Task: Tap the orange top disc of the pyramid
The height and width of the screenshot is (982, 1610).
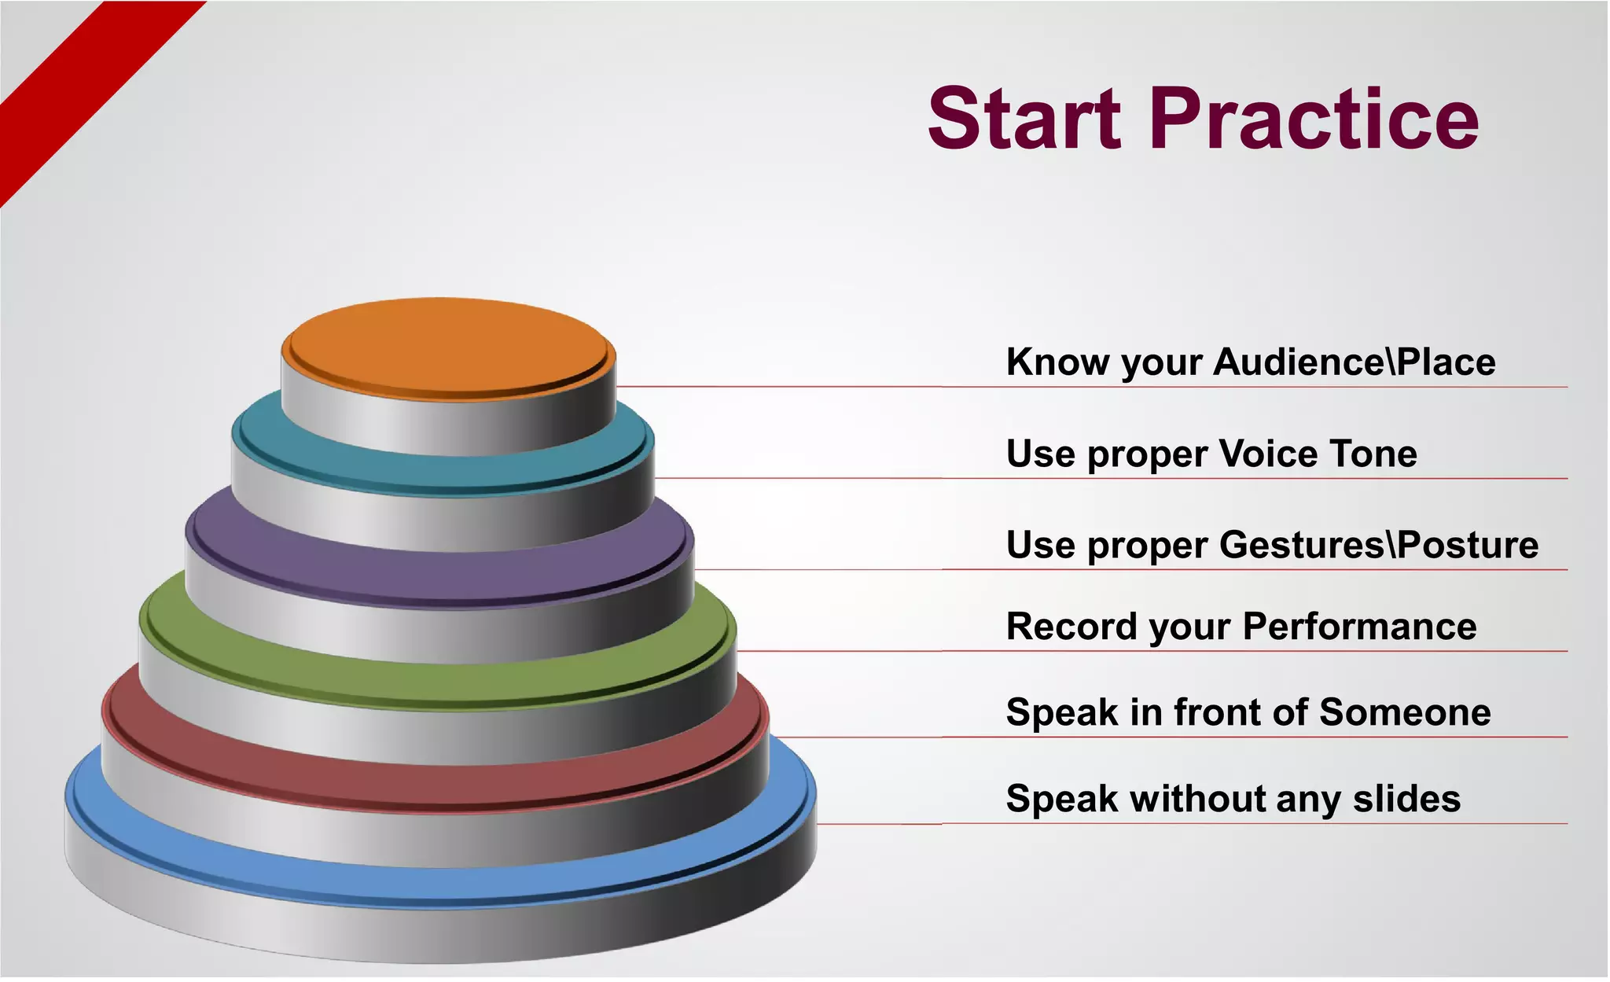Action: tap(448, 346)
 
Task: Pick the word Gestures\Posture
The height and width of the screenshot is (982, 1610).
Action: tap(1378, 545)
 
